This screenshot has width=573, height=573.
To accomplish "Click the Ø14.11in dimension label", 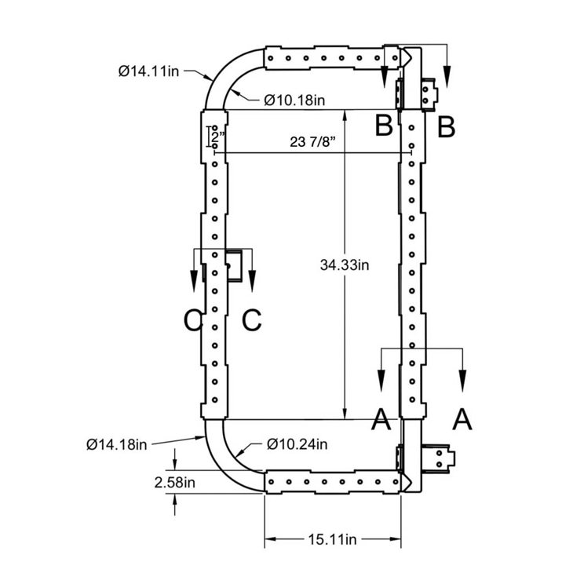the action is pyautogui.click(x=148, y=71).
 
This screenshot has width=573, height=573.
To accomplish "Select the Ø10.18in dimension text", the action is pyautogui.click(x=294, y=100).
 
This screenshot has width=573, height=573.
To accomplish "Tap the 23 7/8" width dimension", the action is pyautogui.click(x=312, y=141).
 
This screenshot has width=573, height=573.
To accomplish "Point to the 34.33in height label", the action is pyautogui.click(x=345, y=265).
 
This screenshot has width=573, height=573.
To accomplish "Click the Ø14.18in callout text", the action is pyautogui.click(x=117, y=444).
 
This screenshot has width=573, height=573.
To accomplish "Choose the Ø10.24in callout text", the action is pyautogui.click(x=297, y=444).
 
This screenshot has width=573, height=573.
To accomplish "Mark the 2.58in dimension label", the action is pyautogui.click(x=175, y=483).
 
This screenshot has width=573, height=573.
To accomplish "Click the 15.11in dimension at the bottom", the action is pyautogui.click(x=332, y=539).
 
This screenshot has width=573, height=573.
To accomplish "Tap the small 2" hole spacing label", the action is pyautogui.click(x=217, y=138).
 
